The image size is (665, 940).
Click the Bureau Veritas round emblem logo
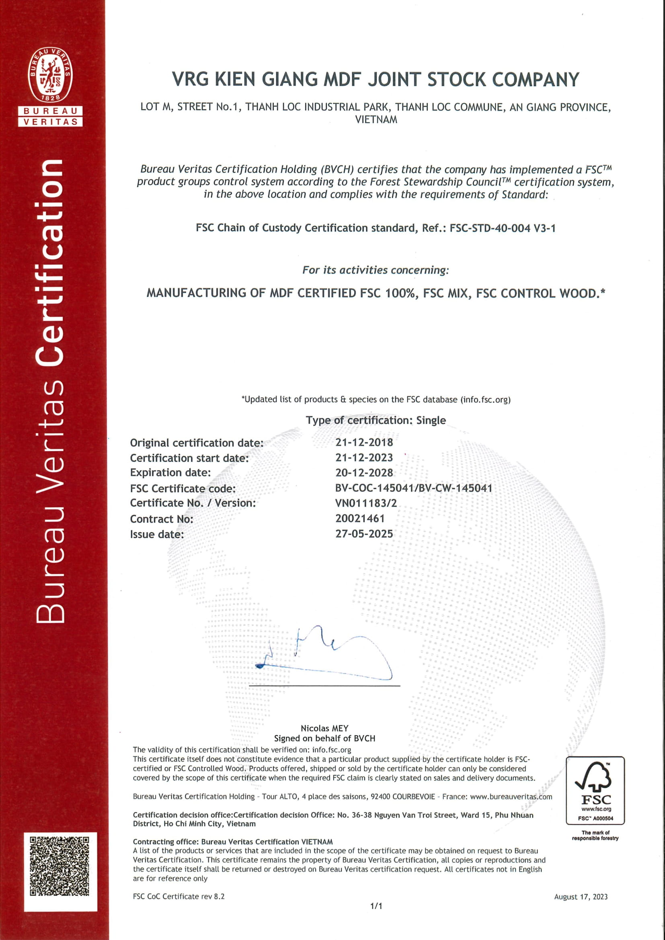point(50,75)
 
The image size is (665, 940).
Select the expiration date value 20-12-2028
point(364,473)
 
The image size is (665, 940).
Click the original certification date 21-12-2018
point(364,442)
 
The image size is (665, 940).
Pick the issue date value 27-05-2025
point(364,534)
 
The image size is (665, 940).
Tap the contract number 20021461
point(360,519)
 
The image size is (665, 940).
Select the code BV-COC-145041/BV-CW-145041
point(414,488)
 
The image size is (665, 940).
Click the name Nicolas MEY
point(324,728)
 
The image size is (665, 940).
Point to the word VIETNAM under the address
point(376,120)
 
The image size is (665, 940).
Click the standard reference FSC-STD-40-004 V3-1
point(503,228)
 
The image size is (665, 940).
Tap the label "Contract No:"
point(161,519)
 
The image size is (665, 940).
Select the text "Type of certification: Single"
point(376,420)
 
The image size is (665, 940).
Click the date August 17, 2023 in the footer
point(581,897)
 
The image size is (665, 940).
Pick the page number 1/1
point(376,906)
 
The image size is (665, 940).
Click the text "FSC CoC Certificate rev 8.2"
point(179,897)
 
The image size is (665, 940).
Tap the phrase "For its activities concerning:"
point(376,270)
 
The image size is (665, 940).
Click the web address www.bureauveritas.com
point(511,797)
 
